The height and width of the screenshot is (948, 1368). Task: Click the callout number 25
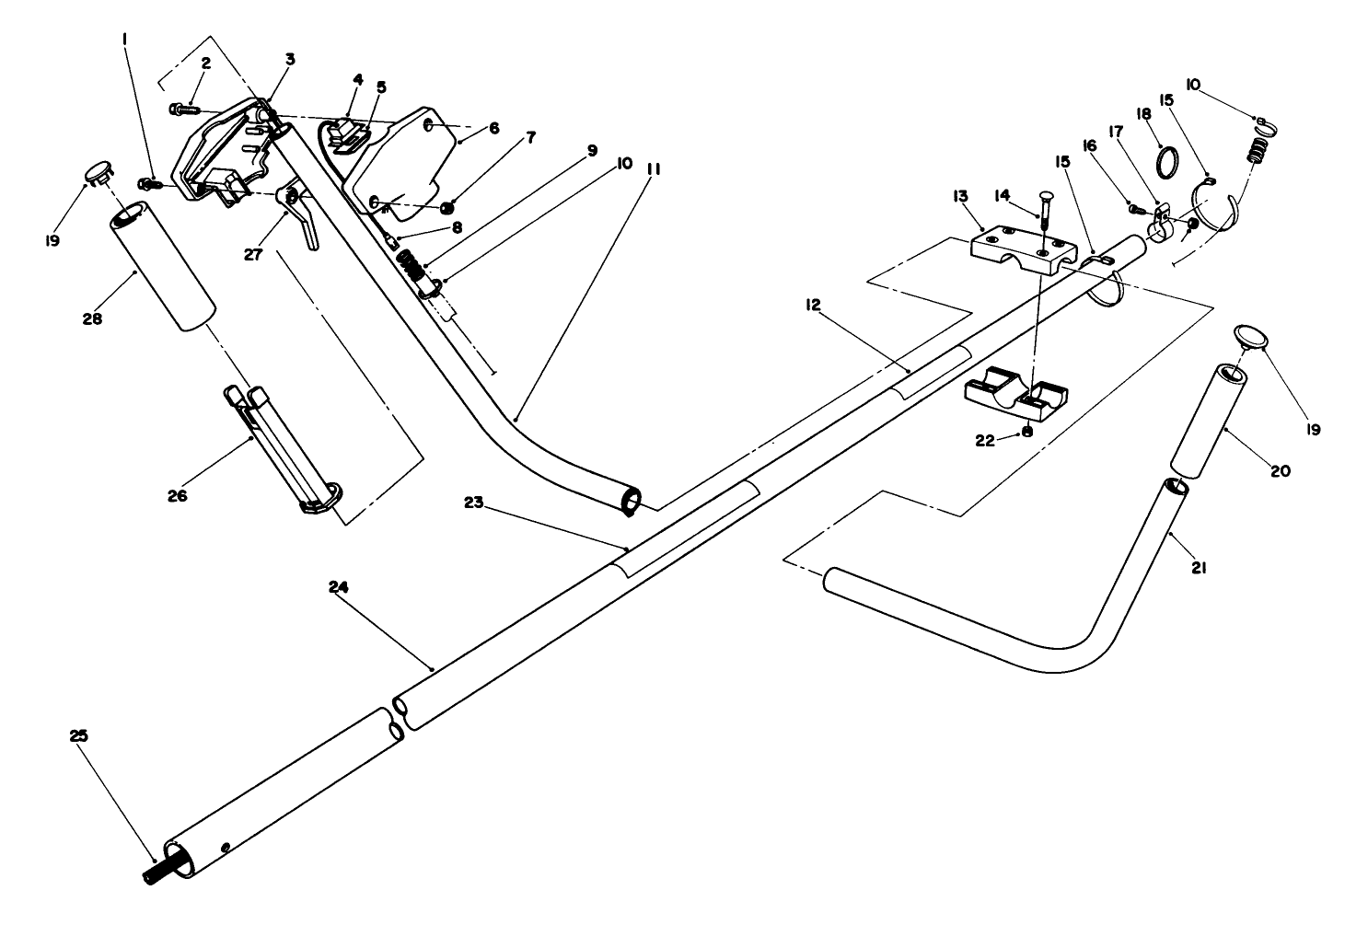tap(78, 735)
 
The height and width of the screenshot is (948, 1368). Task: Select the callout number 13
tap(960, 196)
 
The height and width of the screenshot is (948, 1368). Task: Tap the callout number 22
tap(985, 441)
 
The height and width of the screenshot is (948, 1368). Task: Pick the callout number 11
tap(655, 170)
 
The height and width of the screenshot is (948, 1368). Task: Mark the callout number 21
tap(1198, 568)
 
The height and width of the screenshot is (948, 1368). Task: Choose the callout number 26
tap(177, 495)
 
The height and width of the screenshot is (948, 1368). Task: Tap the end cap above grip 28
tap(100, 170)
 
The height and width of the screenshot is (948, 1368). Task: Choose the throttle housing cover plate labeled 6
tap(405, 166)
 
